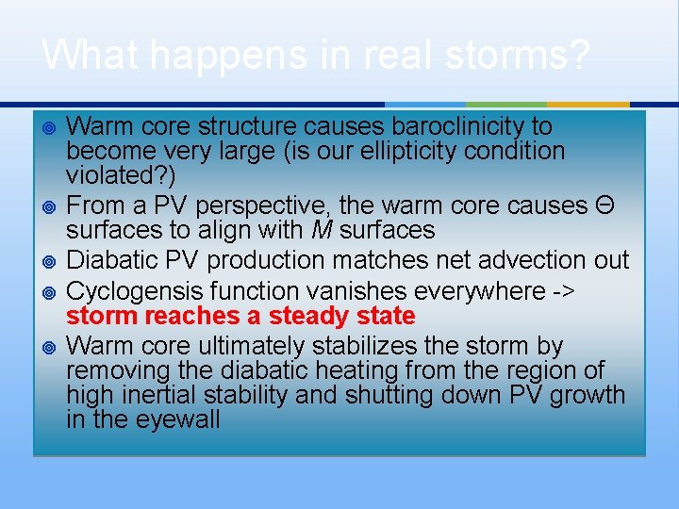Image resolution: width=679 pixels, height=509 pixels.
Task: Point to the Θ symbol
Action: [604, 205]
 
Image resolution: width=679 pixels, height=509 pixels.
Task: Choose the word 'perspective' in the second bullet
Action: [264, 205]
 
